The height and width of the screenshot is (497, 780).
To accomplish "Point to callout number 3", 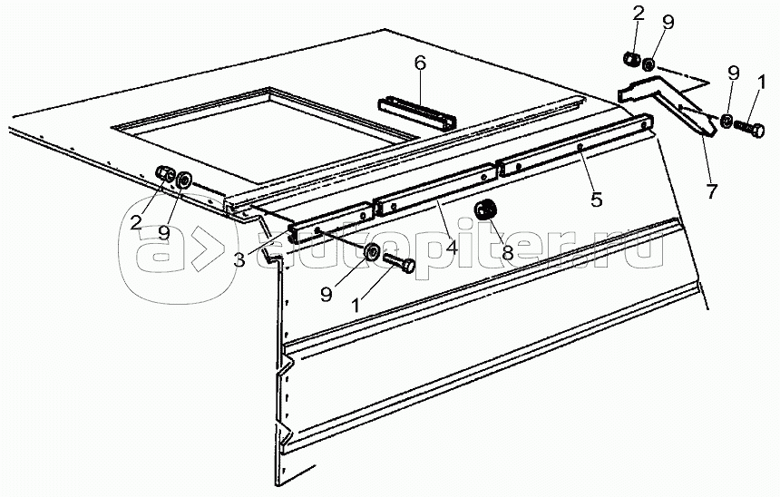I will [x=239, y=260].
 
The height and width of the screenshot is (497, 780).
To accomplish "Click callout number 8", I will [x=508, y=253].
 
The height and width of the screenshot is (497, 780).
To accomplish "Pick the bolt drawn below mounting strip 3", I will [x=400, y=266].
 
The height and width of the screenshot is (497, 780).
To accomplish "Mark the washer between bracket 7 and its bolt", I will [x=728, y=121].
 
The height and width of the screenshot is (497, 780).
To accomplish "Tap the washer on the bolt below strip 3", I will [x=372, y=251].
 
